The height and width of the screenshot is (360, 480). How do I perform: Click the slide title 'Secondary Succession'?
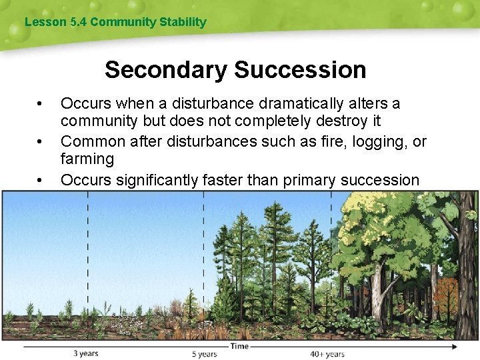235,69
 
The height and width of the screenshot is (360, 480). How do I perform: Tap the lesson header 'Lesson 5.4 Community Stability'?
115,22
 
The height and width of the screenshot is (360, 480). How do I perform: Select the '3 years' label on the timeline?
85,353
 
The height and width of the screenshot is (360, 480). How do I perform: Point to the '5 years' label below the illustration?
204,354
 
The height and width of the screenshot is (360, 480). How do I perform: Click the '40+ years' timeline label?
327,354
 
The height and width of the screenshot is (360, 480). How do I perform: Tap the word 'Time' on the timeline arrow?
240,346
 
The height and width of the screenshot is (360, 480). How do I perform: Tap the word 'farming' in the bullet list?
87,159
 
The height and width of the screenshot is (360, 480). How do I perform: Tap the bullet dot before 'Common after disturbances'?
41,142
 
